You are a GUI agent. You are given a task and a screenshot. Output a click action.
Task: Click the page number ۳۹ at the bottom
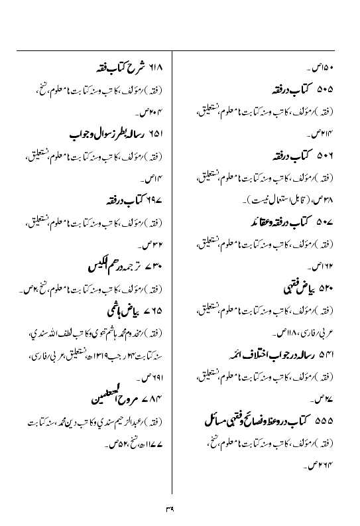tap(180, 509)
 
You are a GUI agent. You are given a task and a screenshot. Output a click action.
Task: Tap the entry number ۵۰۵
tap(325, 89)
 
